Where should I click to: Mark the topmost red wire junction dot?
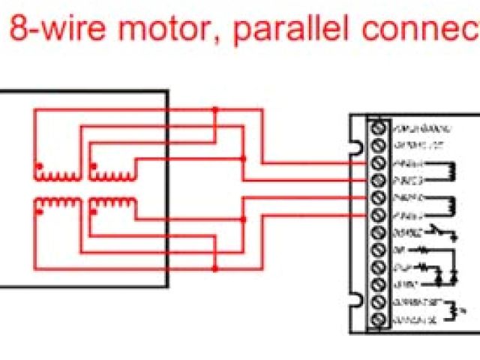point(215,109)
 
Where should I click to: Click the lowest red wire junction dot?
point(215,267)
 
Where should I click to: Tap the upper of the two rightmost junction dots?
point(243,158)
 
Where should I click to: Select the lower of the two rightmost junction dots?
point(243,219)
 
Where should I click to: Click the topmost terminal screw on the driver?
point(379,127)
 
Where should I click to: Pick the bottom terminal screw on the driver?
point(379,321)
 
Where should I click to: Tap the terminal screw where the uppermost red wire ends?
point(379,162)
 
